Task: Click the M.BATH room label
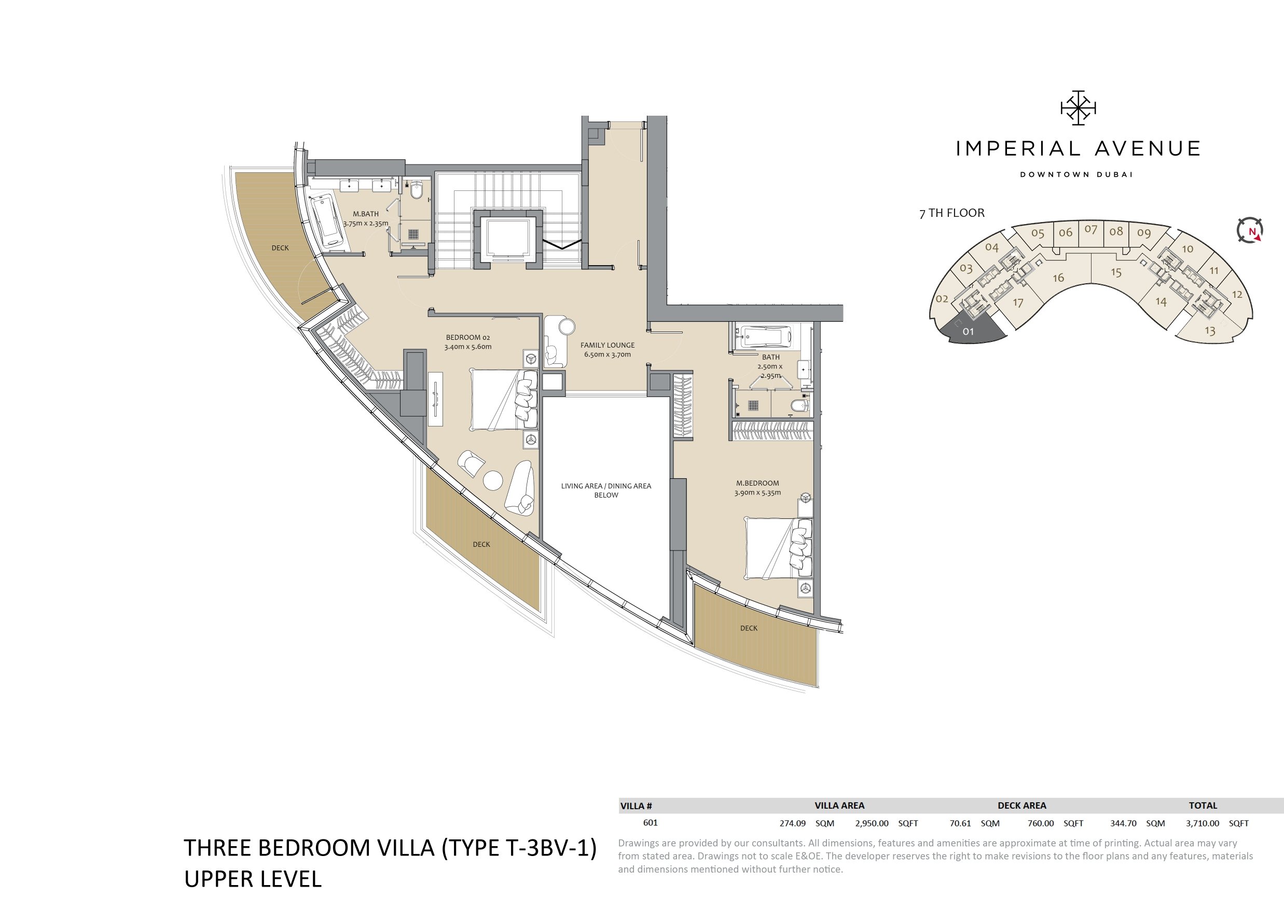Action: [x=366, y=214]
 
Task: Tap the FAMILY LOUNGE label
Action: [x=608, y=345]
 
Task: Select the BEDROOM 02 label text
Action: [x=468, y=337]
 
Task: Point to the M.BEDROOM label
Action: [x=757, y=483]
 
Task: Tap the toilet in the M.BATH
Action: [x=417, y=191]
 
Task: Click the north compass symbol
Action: [x=1250, y=230]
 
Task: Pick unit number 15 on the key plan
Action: [x=1116, y=273]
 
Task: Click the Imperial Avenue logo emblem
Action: [x=1078, y=107]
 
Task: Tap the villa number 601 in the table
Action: [x=650, y=822]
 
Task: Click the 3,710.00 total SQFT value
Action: [x=1203, y=823]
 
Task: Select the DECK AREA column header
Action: [x=1021, y=806]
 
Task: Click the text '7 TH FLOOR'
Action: [x=952, y=213]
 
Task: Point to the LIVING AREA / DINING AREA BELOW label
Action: [x=606, y=490]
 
